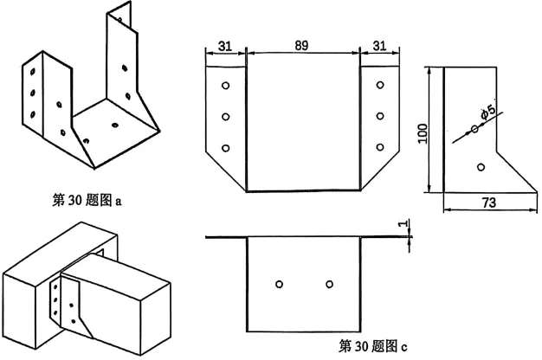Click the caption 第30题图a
click(x=87, y=201)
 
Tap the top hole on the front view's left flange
click(x=225, y=87)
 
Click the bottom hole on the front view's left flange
click(x=225, y=148)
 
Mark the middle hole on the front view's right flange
click(x=378, y=116)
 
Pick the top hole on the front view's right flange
click(x=378, y=87)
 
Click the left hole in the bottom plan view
click(x=278, y=284)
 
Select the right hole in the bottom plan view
click(x=329, y=284)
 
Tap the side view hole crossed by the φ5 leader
click(x=474, y=131)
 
